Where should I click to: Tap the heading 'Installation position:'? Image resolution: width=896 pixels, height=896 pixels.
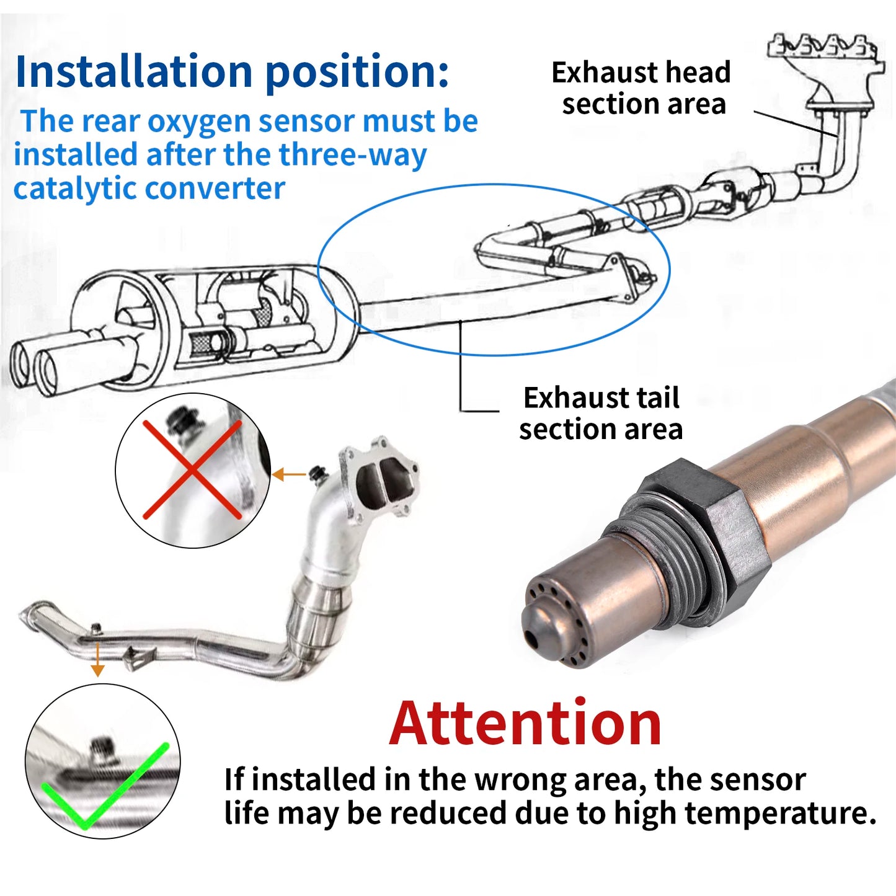click(x=232, y=71)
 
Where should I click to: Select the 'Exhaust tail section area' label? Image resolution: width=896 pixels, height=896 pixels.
click(x=601, y=413)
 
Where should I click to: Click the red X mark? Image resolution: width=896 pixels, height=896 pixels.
click(x=192, y=469)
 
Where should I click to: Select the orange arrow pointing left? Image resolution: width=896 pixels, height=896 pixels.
click(x=289, y=475)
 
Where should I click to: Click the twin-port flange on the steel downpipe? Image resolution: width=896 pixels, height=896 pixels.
click(x=378, y=479)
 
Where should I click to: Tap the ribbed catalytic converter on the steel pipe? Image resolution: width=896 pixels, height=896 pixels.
click(x=320, y=605)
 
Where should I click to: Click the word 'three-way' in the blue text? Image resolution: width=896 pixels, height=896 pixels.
click(x=352, y=155)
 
